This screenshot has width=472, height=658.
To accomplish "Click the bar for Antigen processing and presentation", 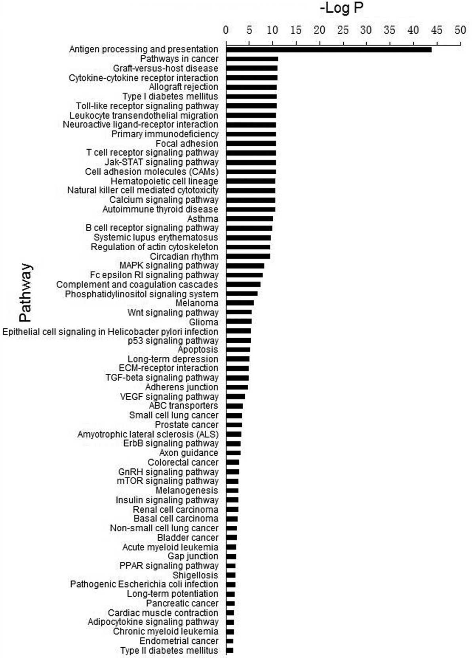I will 329,49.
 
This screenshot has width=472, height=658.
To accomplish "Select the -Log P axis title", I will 341,8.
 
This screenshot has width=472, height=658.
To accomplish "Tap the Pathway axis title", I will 26,293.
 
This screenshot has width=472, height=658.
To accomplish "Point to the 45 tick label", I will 436,30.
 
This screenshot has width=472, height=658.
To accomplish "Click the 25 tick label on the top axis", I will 343,30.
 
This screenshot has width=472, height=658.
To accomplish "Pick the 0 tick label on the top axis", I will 226,30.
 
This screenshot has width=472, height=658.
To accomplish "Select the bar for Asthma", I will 249,219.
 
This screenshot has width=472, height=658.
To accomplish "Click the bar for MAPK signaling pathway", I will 245,266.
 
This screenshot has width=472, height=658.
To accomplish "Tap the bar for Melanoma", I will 240,303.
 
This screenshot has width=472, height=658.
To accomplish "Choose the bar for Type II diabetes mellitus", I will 230,650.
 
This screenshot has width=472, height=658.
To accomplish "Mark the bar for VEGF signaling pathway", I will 236,397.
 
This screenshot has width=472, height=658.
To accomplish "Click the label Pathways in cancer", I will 179,59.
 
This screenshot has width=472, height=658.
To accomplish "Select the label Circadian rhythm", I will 184,256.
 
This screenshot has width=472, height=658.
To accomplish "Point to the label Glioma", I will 203,322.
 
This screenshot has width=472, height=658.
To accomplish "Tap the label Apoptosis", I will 198,350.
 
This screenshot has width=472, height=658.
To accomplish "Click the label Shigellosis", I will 195,575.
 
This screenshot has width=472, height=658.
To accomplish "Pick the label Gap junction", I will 192,556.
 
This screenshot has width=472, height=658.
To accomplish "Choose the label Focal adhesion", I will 187,143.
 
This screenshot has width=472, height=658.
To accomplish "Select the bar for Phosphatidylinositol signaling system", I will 242,294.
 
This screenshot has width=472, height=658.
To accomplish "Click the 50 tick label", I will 460,30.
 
